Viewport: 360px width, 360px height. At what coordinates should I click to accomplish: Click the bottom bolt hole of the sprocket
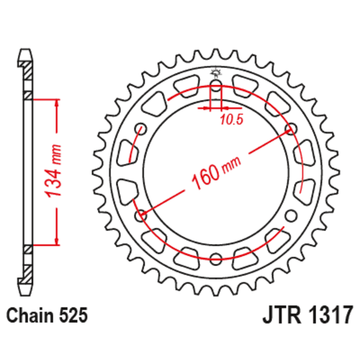tap(215, 259)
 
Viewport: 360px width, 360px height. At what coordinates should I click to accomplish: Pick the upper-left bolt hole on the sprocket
tap(141, 129)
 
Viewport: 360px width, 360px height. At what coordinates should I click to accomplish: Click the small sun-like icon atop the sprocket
tap(215, 72)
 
